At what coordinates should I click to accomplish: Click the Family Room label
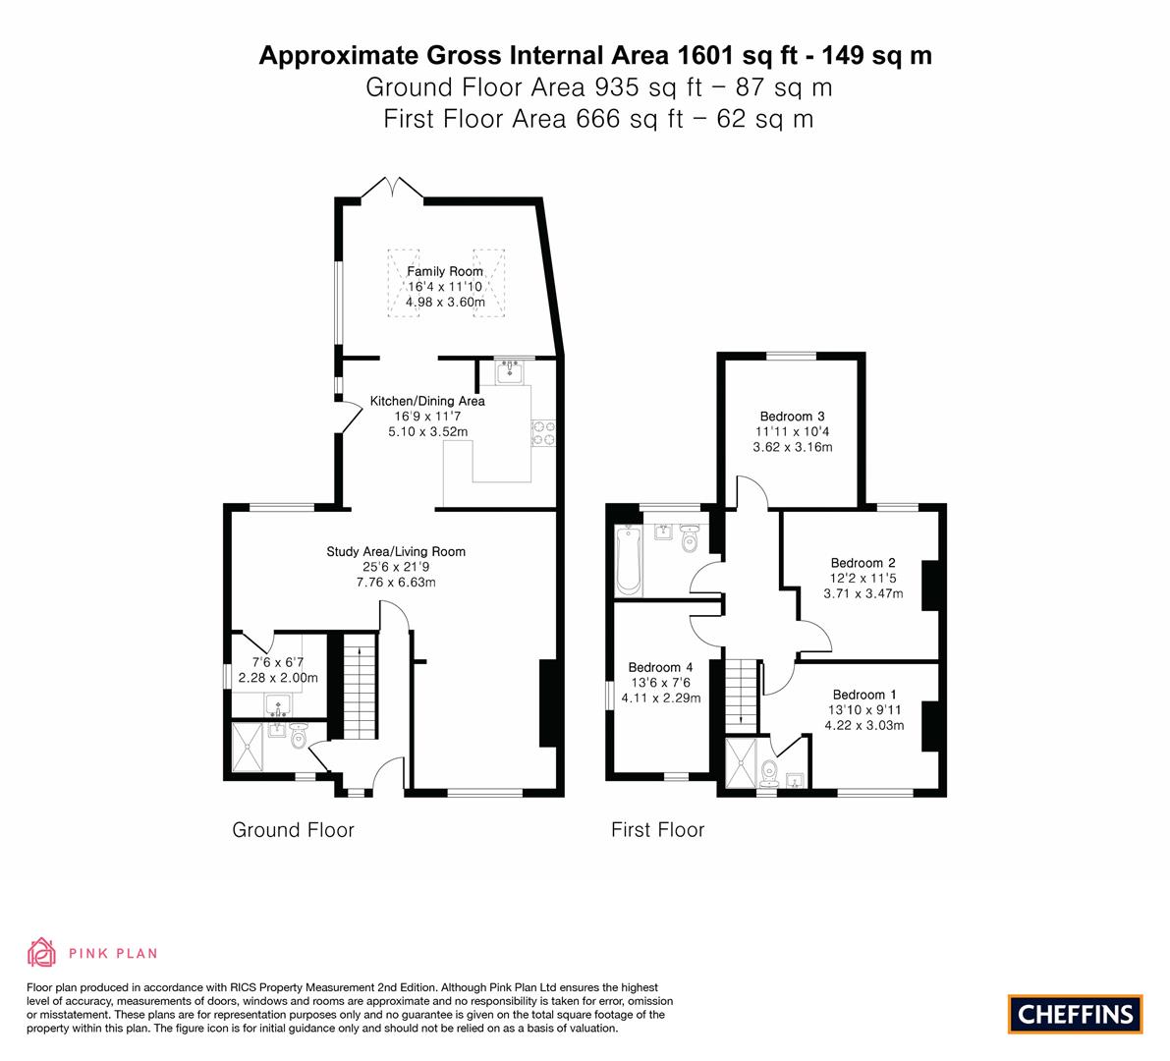tap(445, 271)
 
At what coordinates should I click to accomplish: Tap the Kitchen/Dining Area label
tap(427, 402)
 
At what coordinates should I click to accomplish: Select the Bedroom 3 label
tap(793, 417)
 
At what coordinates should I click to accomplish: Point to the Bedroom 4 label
tap(660, 667)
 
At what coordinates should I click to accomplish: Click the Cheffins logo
tap(1076, 1014)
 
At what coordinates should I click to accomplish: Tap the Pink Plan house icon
tap(42, 952)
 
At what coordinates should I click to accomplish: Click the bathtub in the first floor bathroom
tap(629, 560)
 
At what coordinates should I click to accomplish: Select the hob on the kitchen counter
tap(543, 433)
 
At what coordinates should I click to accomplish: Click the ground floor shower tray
tap(248, 747)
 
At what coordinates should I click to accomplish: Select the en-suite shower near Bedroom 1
tap(740, 762)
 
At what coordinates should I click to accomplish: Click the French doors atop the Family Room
tap(393, 188)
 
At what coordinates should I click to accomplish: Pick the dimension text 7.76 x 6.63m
tap(396, 582)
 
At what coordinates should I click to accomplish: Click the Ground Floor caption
tap(294, 830)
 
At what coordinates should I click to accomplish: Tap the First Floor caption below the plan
tap(657, 830)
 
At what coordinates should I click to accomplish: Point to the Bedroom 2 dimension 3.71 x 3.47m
tap(864, 594)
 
